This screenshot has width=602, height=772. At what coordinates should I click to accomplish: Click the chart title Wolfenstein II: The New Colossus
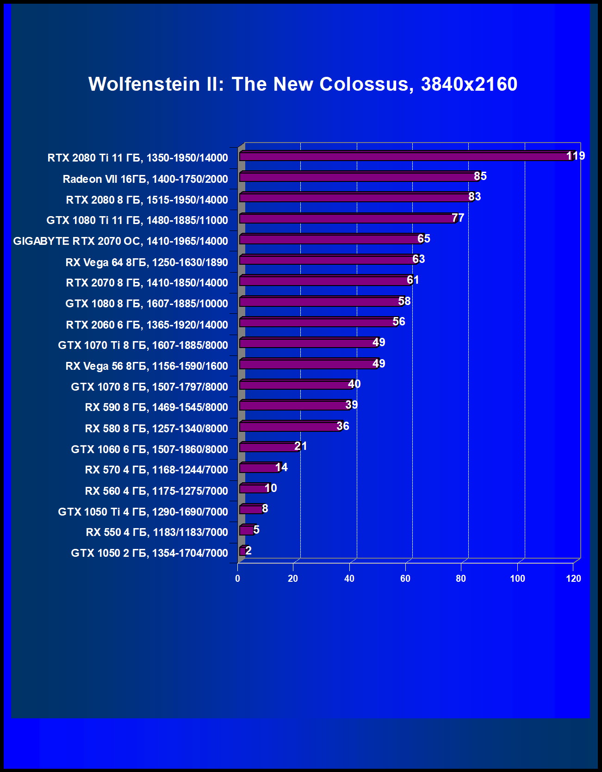click(303, 84)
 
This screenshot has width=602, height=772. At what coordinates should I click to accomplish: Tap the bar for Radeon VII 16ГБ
click(359, 177)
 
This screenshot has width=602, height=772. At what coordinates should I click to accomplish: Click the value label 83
click(475, 197)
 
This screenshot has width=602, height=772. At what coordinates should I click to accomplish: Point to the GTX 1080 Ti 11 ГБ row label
click(137, 220)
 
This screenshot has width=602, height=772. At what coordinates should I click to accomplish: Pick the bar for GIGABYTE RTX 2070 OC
click(331, 239)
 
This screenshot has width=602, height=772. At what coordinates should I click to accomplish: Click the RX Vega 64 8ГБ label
click(147, 262)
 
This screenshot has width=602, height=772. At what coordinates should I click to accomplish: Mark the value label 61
click(413, 280)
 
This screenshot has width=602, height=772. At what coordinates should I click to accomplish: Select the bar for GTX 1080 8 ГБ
click(321, 302)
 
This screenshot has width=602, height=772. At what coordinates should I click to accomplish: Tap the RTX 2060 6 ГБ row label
click(147, 325)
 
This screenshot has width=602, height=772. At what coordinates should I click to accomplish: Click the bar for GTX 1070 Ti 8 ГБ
click(308, 343)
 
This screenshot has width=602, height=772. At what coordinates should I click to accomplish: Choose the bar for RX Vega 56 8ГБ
click(308, 364)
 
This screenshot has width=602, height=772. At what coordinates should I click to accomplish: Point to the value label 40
click(354, 384)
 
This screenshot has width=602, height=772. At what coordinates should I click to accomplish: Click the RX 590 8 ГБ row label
click(156, 407)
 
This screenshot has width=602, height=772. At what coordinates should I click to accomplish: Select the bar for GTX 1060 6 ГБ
click(269, 447)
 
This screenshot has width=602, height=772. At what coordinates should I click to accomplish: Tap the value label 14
click(281, 467)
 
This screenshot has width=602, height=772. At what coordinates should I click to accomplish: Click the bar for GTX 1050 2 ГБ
click(242, 551)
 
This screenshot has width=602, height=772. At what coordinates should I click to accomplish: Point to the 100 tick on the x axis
click(517, 579)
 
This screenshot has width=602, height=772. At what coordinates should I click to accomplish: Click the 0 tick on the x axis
click(238, 579)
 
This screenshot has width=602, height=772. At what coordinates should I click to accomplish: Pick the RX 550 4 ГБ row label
click(157, 532)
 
